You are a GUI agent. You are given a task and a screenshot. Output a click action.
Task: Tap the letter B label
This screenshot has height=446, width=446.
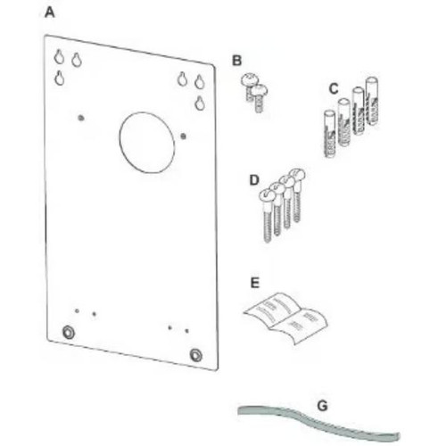click(x=236, y=61)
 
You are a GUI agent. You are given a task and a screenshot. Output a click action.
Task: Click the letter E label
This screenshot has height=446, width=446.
click(x=255, y=283)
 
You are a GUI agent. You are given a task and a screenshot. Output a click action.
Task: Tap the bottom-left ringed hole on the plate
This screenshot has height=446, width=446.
click(x=68, y=332)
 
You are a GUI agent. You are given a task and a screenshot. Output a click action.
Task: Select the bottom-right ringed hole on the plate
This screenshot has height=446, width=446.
click(x=196, y=354)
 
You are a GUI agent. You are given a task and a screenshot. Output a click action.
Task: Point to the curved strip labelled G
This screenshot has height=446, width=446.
click(x=312, y=420)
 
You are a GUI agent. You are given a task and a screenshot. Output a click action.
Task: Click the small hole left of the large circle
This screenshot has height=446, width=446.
click(x=80, y=117)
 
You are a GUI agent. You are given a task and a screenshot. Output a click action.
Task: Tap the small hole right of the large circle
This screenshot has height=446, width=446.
click(x=184, y=136)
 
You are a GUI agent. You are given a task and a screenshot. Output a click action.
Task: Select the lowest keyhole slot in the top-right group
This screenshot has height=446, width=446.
click(x=200, y=103)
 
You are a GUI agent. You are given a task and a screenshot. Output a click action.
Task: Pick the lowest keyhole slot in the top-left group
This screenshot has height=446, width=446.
click(x=59, y=78)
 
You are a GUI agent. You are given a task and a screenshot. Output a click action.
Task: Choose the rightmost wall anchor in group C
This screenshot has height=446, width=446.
click(x=372, y=107)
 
